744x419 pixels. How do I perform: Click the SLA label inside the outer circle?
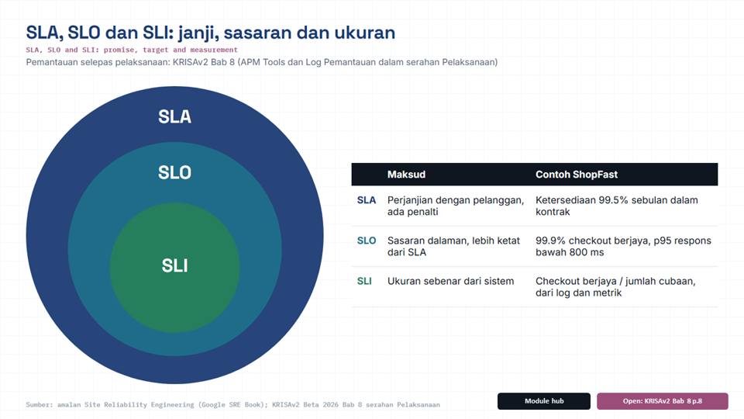[174, 117]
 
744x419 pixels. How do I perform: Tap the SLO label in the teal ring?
[174, 172]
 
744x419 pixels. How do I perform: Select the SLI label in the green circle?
[174, 265]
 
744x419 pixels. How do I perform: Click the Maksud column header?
[406, 175]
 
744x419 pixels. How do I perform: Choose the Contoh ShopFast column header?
[577, 175]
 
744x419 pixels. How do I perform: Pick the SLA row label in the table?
[367, 200]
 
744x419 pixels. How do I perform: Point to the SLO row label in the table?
[367, 241]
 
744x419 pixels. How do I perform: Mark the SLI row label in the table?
[364, 281]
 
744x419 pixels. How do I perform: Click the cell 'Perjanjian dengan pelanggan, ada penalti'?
[456, 206]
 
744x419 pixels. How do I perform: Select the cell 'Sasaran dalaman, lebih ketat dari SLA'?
[453, 247]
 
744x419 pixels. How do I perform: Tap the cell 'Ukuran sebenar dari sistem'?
[450, 281]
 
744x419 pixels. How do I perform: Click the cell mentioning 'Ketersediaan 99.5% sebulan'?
[617, 206]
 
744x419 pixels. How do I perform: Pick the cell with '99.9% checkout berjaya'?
[623, 247]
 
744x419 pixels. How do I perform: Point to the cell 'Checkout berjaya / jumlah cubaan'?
[615, 287]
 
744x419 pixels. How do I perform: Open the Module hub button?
[544, 401]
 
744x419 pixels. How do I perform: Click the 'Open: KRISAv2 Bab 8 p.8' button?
[663, 401]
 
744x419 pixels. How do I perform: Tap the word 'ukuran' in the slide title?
[365, 33]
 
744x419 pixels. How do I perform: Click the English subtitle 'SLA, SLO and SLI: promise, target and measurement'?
[132, 50]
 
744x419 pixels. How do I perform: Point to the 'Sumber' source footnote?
[232, 405]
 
